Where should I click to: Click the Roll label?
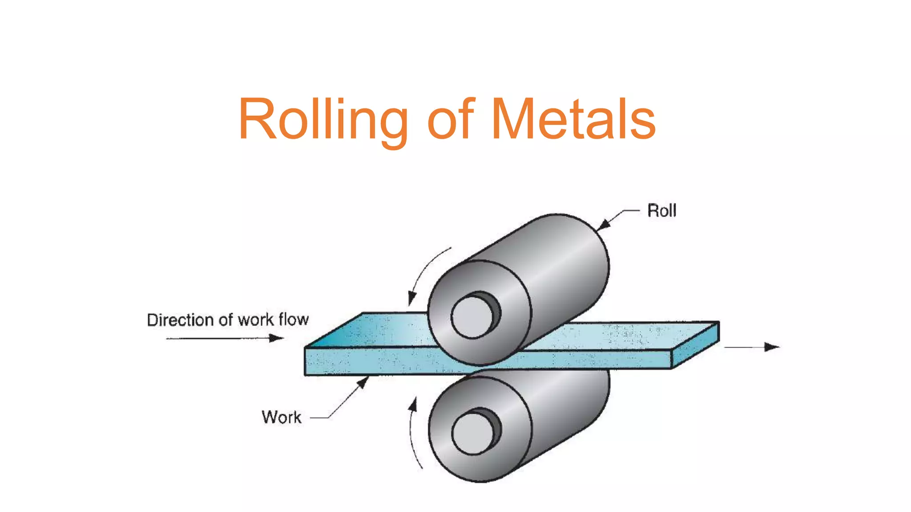(x=661, y=211)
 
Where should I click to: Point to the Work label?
(x=281, y=417)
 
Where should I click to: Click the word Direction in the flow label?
(x=180, y=320)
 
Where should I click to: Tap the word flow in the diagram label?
(x=293, y=319)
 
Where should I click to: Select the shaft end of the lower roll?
(x=473, y=434)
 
